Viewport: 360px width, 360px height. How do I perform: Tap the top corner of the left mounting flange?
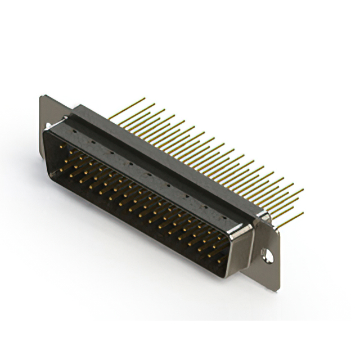43,97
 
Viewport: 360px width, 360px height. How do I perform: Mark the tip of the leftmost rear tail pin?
145,99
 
